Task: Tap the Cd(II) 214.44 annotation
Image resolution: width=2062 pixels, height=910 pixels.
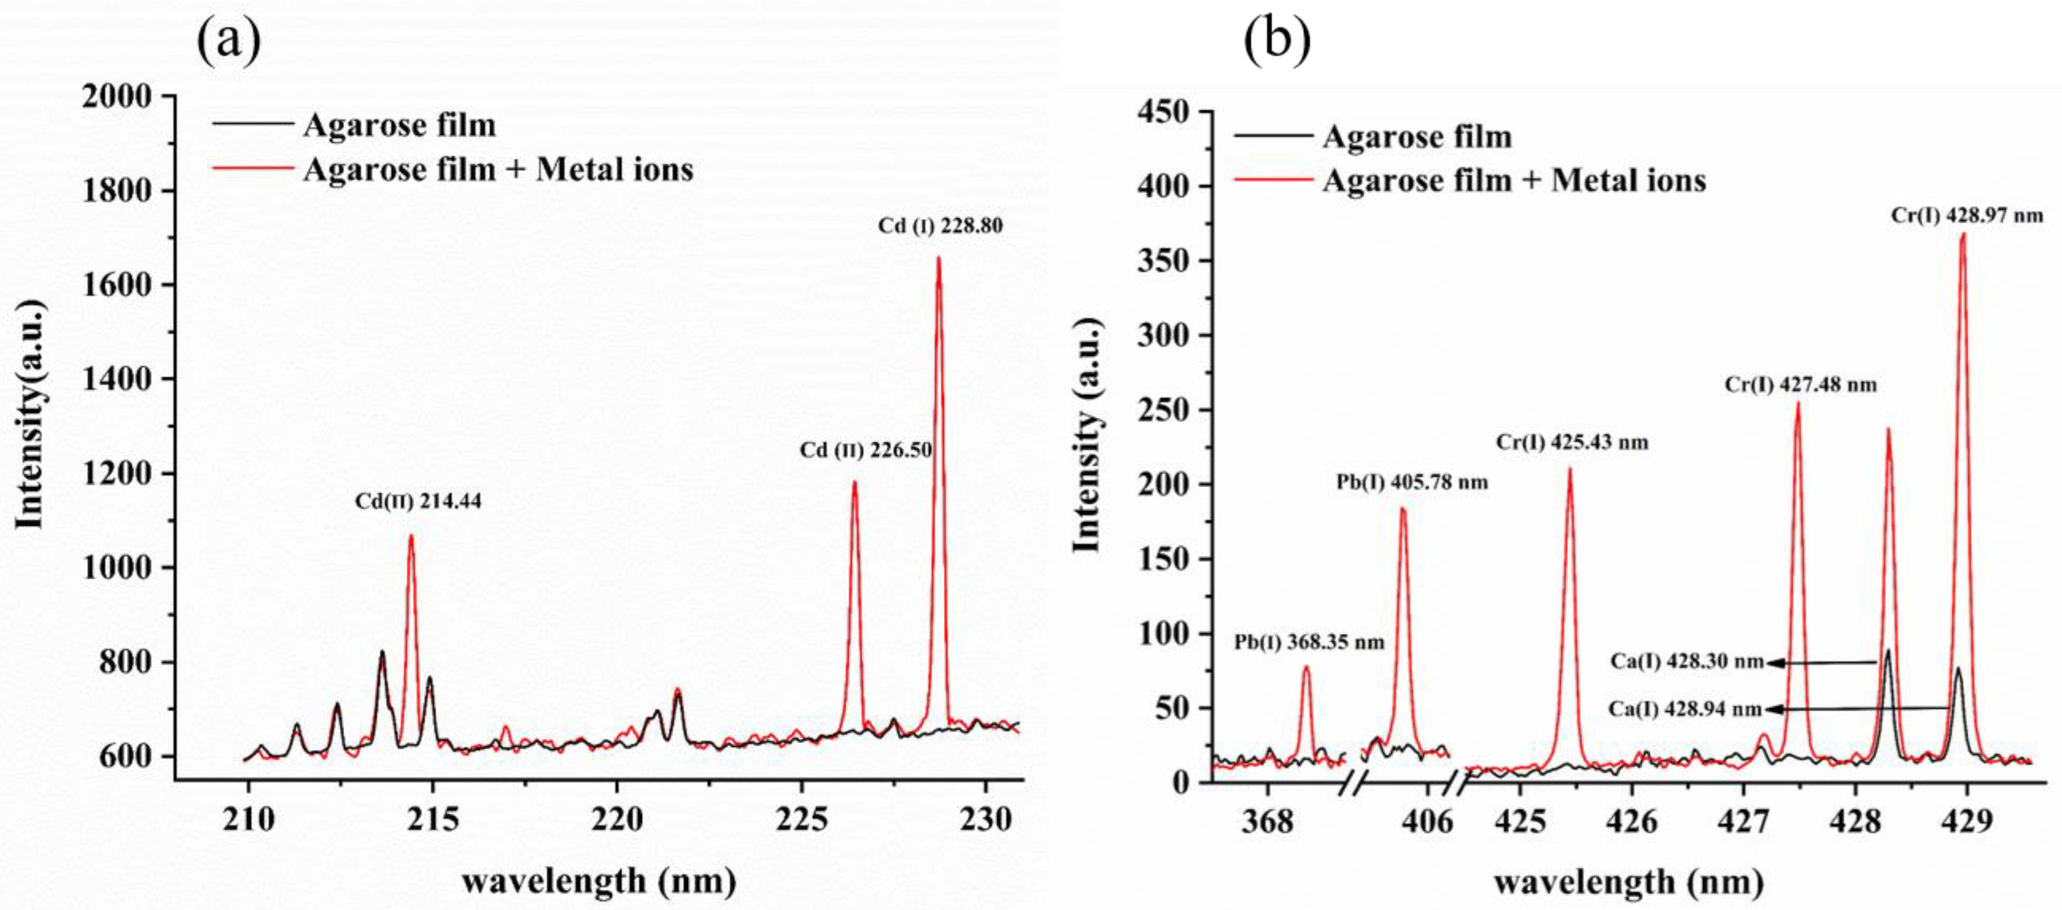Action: pyautogui.click(x=418, y=502)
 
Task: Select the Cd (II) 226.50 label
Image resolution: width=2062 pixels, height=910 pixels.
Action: pyautogui.click(x=866, y=451)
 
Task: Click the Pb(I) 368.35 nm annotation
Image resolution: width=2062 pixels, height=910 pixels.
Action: pyautogui.click(x=1309, y=643)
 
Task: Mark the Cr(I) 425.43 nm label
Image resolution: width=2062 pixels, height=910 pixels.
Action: pyautogui.click(x=1572, y=442)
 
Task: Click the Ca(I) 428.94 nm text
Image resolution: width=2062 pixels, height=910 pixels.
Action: pyautogui.click(x=1686, y=709)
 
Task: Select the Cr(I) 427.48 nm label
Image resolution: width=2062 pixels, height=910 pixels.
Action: pyautogui.click(x=1800, y=385)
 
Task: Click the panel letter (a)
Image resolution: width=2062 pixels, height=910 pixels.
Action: pyautogui.click(x=229, y=41)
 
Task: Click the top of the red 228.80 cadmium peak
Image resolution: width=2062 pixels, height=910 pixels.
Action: pyautogui.click(x=938, y=258)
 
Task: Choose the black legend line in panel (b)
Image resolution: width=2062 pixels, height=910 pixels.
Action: pyautogui.click(x=1274, y=137)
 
